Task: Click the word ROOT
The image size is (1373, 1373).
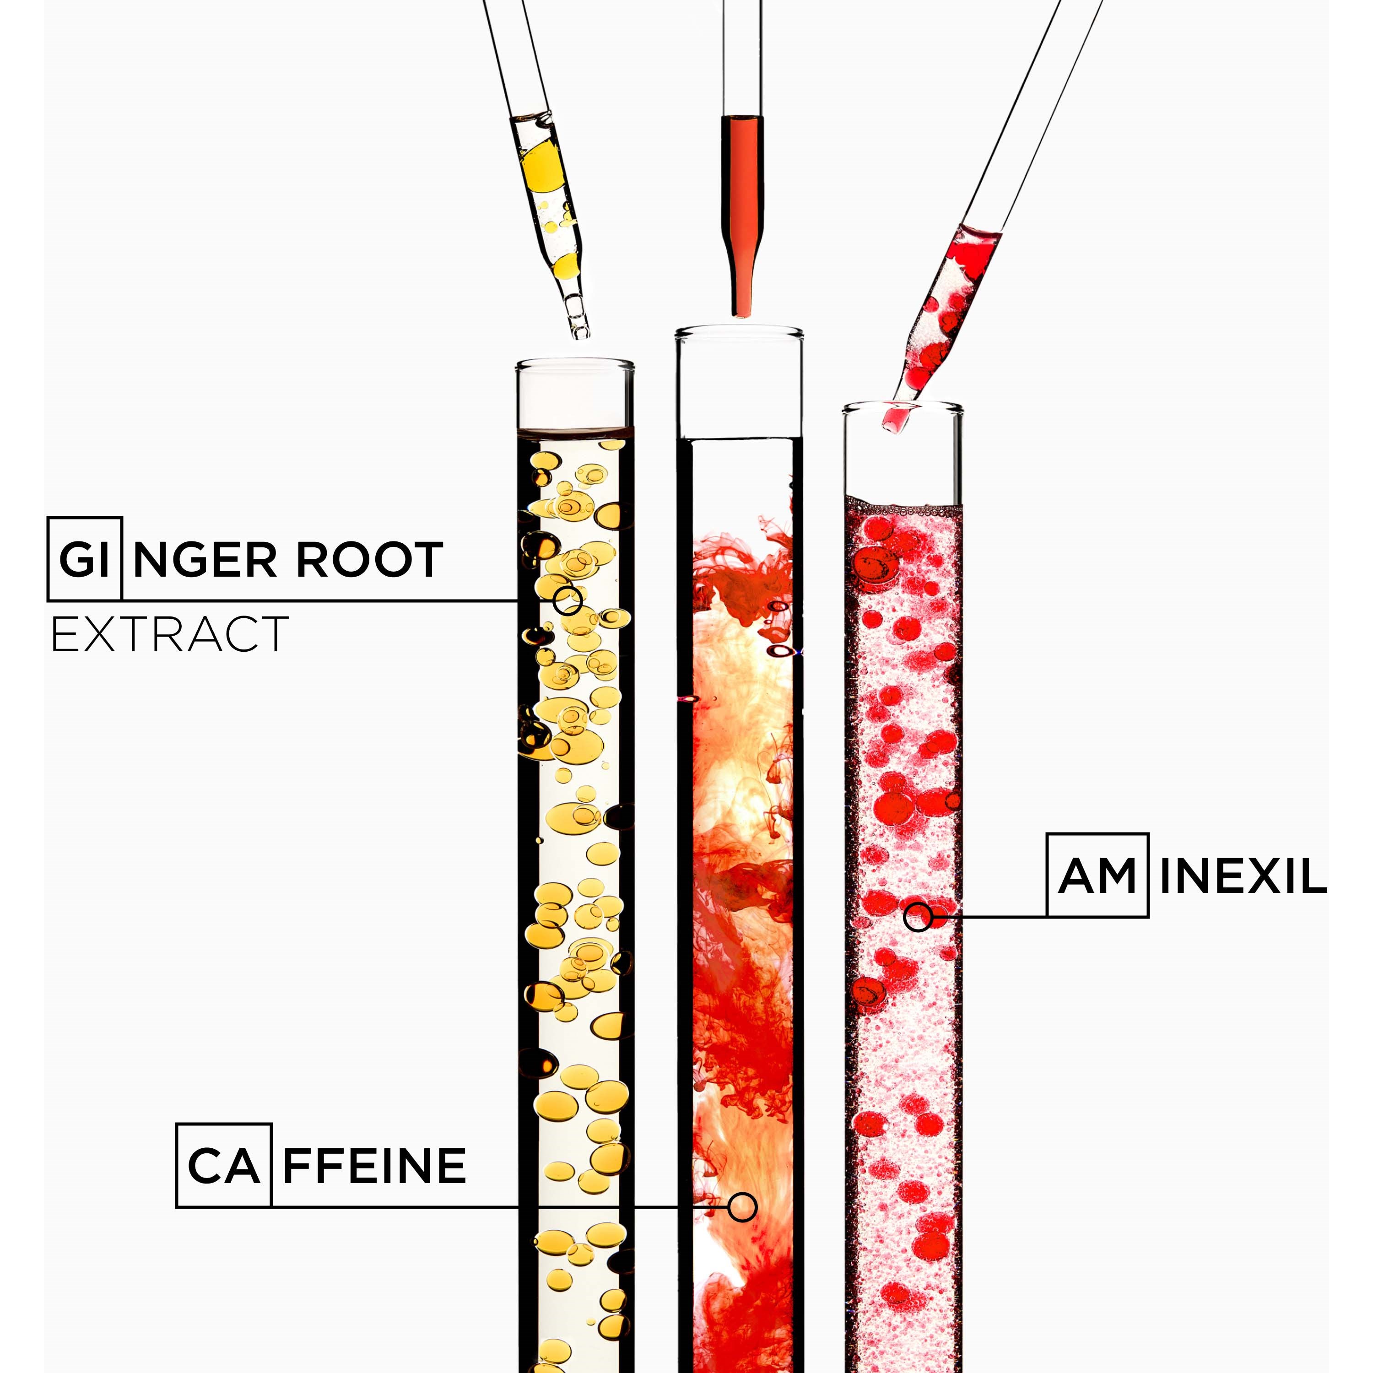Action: coord(369,559)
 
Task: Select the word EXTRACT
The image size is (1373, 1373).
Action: coord(170,635)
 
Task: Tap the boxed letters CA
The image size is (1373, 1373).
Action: coord(224,1166)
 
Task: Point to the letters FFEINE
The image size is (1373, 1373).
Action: coord(374,1166)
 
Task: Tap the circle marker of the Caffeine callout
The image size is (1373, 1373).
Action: coord(743,1207)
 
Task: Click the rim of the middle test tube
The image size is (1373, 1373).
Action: coord(739,332)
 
